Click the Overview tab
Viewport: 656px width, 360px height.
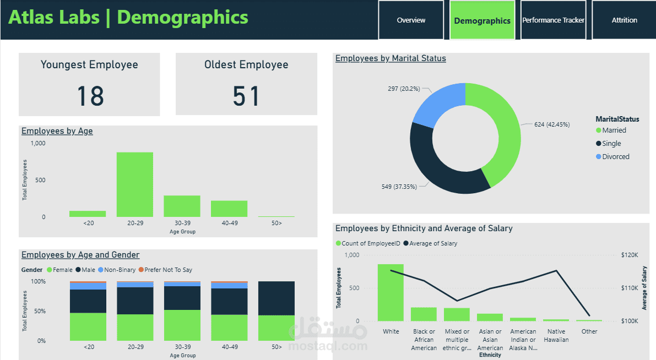(x=411, y=20)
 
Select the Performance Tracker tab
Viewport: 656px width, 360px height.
(x=553, y=20)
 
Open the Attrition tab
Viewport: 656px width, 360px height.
(x=624, y=20)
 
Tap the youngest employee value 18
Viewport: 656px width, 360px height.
(x=90, y=96)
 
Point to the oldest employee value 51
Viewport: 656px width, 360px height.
(x=246, y=96)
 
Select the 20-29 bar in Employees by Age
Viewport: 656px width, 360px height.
(x=134, y=184)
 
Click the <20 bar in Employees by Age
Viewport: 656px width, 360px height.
(x=88, y=214)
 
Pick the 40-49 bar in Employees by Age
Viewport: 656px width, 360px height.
(x=229, y=209)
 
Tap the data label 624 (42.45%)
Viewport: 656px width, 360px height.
(x=552, y=124)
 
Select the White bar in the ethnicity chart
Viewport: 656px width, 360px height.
(x=391, y=292)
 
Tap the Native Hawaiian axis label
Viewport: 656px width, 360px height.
(x=556, y=335)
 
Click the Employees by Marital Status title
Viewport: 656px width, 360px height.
(x=391, y=58)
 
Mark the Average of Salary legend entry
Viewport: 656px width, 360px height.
(x=432, y=243)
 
